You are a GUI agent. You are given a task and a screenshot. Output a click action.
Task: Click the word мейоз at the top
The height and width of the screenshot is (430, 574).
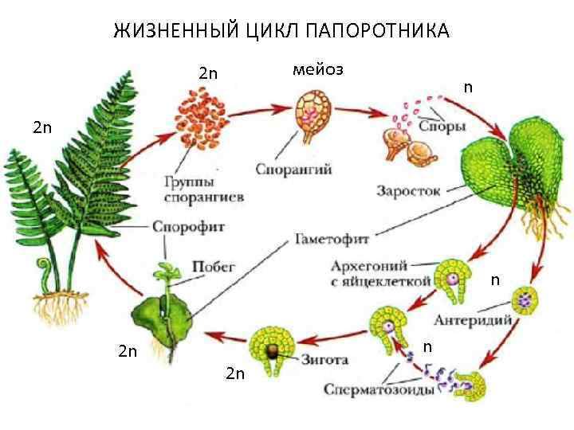point(317,69)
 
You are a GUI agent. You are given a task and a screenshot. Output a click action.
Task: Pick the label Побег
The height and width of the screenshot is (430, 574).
point(214,267)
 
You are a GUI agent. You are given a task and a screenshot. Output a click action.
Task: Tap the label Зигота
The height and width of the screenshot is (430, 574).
point(324,358)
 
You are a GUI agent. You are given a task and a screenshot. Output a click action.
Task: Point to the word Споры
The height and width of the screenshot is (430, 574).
point(442,127)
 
